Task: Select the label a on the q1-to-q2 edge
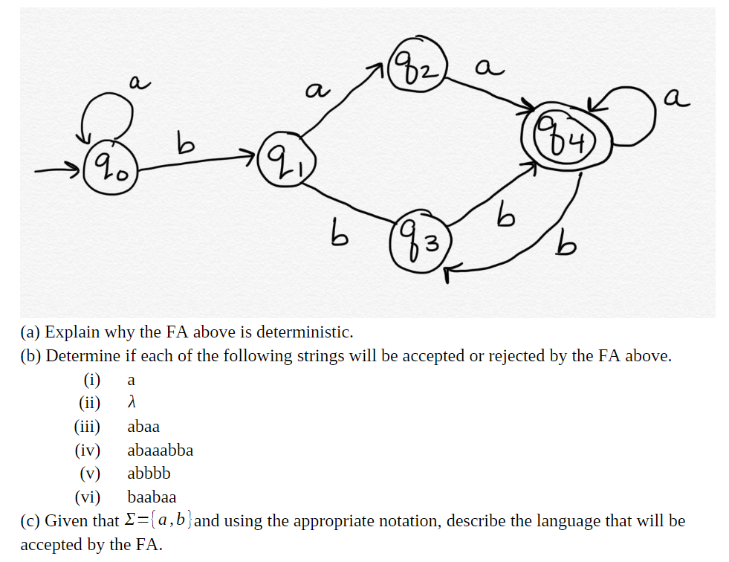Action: tap(316, 91)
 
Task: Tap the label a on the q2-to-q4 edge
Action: tap(486, 68)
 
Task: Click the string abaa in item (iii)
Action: tap(143, 427)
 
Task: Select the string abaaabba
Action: tap(160, 450)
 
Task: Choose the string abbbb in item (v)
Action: tap(149, 473)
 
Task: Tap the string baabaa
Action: tap(152, 497)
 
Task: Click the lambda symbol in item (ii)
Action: tap(132, 403)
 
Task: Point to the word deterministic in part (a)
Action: tap(298, 332)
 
